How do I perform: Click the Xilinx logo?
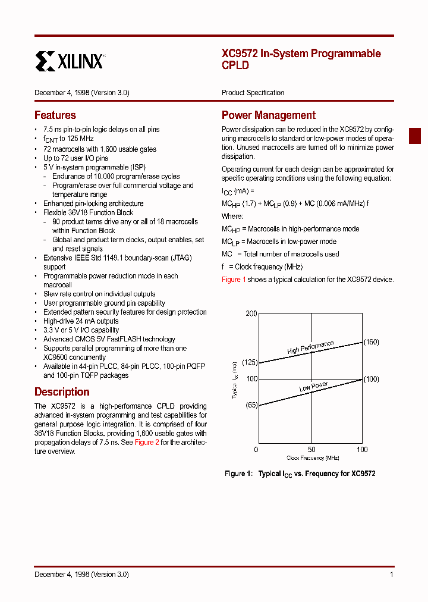70,61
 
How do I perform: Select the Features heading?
55,115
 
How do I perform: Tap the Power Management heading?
268,115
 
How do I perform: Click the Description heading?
62,392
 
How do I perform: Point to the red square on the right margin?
414,136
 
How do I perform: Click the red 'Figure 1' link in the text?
234,280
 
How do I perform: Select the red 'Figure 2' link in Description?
147,443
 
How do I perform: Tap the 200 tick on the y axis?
251,314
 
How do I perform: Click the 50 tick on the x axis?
311,450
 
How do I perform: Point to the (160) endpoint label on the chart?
371,342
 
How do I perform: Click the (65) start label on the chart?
251,405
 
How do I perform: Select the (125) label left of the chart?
250,362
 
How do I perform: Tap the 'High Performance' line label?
310,348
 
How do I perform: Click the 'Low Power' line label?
313,387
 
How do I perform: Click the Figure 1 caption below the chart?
300,474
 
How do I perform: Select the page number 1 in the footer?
391,575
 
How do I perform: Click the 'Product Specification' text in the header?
253,93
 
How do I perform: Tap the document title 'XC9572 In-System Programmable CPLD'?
301,59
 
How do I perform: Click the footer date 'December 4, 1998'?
61,575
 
